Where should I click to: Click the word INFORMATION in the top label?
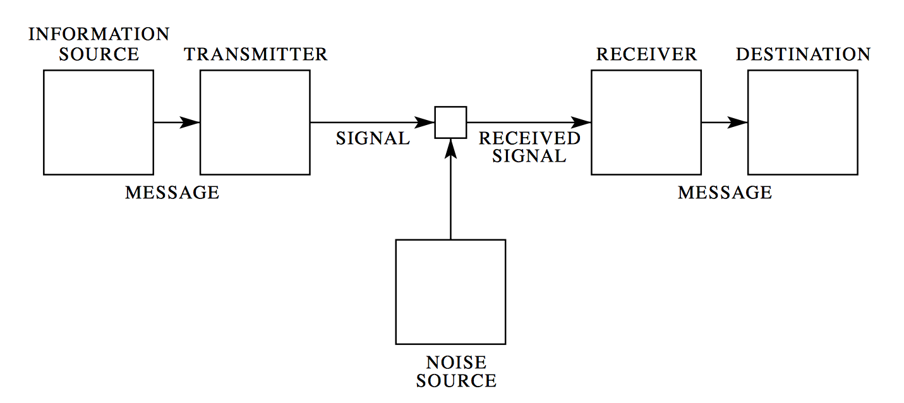point(99,34)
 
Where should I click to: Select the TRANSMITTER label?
point(256,54)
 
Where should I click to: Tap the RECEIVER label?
point(646,54)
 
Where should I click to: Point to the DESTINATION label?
point(803,54)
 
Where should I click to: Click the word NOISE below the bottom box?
point(456,363)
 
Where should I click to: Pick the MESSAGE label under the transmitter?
point(172,193)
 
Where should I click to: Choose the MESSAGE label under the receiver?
point(725,193)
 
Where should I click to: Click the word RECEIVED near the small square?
point(529,138)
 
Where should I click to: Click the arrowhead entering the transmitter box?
point(190,123)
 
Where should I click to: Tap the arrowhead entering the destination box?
point(737,123)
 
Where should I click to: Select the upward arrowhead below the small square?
point(450,148)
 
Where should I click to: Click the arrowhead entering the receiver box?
point(581,123)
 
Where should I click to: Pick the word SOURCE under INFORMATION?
point(99,54)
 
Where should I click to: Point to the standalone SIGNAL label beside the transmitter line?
point(373,138)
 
